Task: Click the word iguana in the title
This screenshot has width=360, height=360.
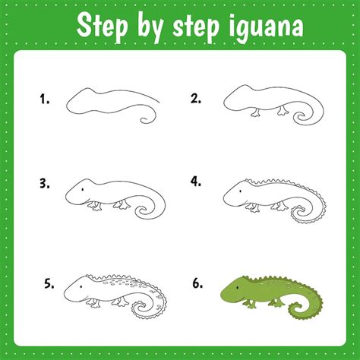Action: tap(266, 27)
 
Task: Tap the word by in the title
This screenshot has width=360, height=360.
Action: tap(150, 27)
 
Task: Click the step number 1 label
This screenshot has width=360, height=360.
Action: tap(44, 99)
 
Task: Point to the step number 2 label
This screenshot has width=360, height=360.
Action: tap(196, 98)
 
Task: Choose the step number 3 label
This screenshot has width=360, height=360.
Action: tap(45, 183)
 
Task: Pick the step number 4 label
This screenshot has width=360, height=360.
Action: tap(196, 182)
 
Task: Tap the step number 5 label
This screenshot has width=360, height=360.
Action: tap(49, 283)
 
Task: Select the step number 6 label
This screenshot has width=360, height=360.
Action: tap(197, 283)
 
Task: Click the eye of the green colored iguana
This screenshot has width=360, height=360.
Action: tap(238, 288)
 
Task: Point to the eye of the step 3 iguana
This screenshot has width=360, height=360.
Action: tap(83, 189)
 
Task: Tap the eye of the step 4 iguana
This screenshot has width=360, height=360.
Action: tap(240, 191)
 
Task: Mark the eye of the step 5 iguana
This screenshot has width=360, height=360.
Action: tap(81, 287)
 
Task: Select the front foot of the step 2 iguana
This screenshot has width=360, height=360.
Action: tap(256, 113)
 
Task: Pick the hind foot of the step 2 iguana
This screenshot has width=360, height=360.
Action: tap(282, 112)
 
